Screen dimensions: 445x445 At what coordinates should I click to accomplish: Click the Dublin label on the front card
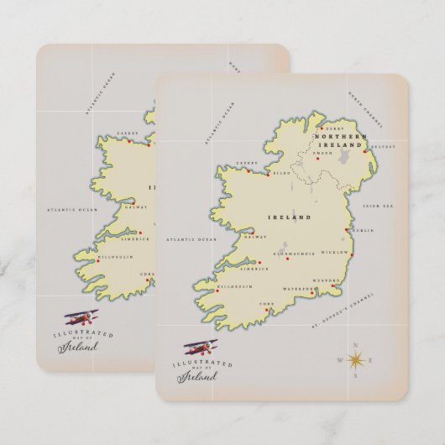pos(364,230)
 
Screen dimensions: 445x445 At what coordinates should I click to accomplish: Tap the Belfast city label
pos(382,144)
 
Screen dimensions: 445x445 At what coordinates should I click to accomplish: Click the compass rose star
pos(355,359)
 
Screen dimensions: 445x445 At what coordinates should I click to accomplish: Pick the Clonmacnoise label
pos(294,253)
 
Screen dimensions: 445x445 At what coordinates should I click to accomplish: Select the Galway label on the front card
pos(255,237)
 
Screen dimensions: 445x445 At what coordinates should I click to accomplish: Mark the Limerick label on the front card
pos(254,269)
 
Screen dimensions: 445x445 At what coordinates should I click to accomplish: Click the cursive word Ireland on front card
pos(196,376)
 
